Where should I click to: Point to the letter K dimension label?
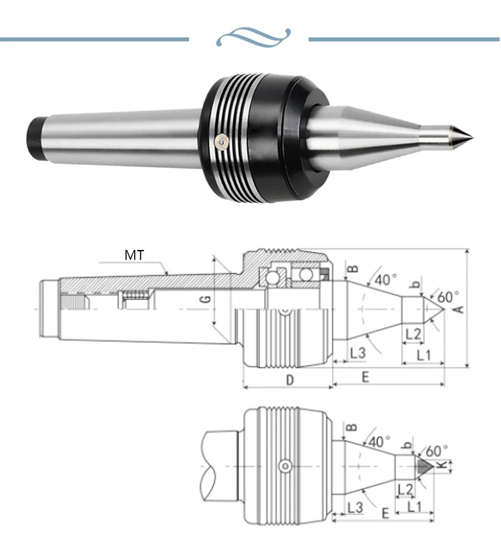[442, 465]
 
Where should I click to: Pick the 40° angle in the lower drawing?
[379, 442]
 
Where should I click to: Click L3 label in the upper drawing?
[357, 352]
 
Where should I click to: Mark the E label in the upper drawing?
[365, 377]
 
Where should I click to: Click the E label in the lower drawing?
[385, 515]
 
